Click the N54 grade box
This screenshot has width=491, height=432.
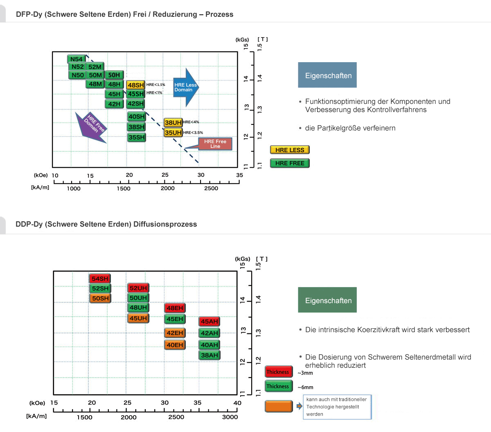click(x=77, y=59)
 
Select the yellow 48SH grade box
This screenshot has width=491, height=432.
click(x=135, y=85)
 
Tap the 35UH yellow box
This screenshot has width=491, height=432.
click(x=173, y=133)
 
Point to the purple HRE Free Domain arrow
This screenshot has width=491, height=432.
click(x=92, y=126)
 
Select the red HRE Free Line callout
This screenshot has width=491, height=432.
click(x=215, y=144)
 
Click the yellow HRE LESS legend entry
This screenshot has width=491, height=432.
click(x=290, y=150)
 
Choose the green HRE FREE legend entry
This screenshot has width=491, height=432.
click(x=290, y=163)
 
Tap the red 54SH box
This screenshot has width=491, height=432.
click(x=100, y=279)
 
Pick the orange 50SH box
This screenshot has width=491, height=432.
click(x=100, y=298)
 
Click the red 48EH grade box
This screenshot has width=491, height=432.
click(x=175, y=308)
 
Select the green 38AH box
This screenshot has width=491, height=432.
click(x=209, y=355)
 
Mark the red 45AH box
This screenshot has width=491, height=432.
click(x=209, y=322)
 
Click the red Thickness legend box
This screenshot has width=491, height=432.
click(x=278, y=372)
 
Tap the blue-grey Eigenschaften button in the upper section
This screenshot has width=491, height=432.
click(x=327, y=75)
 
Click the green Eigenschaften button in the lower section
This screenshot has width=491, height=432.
click(x=327, y=300)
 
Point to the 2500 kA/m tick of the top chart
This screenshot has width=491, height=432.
click(x=211, y=188)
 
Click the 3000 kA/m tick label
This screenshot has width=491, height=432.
click(x=230, y=417)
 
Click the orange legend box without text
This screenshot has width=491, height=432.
click(x=279, y=406)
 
